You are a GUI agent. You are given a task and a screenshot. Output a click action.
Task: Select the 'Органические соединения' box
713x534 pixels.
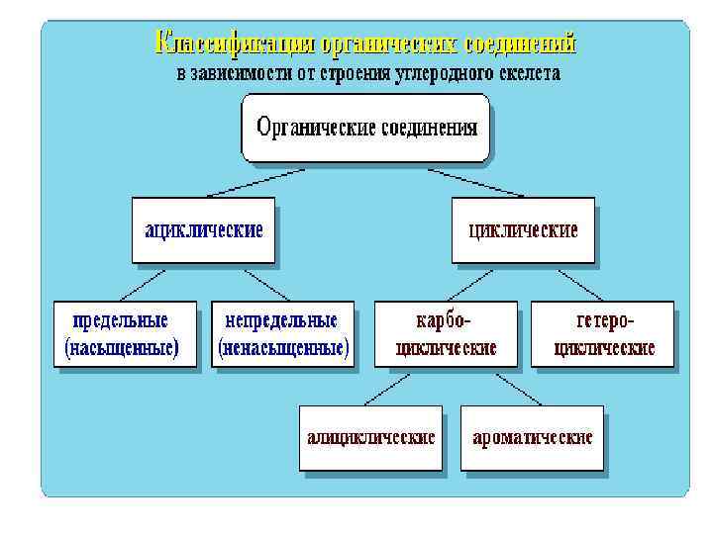tap(365, 128)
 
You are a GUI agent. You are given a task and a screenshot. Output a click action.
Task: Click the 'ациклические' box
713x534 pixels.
tap(204, 230)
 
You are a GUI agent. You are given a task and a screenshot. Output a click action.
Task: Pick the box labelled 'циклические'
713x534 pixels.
tap(523, 230)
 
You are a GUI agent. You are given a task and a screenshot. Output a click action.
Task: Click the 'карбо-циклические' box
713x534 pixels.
tap(446, 334)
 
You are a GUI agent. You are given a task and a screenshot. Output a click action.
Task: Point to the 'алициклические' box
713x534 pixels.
tap(370, 437)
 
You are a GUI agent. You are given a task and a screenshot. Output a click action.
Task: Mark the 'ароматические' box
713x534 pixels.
tap(532, 437)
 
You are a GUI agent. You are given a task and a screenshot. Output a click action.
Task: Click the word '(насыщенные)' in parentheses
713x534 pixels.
tap(122, 348)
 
